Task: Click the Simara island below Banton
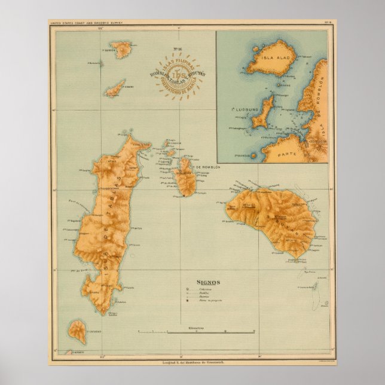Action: (x=114, y=88)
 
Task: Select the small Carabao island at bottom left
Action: (x=78, y=329)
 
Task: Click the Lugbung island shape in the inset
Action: (x=262, y=113)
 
